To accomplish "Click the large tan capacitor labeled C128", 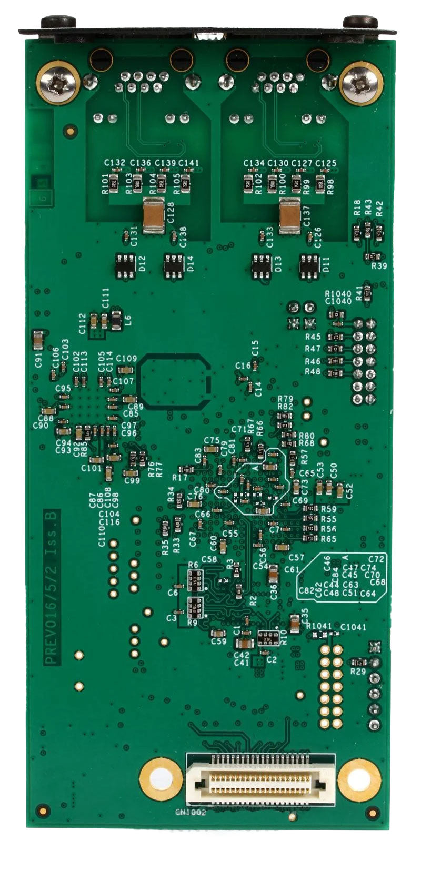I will point(154,216).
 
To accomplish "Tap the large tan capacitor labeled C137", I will point(290,218).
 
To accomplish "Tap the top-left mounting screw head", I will point(58,83).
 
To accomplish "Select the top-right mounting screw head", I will point(360,83).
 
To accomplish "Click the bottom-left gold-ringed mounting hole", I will point(161,779).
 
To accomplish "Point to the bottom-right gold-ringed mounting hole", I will point(359,779).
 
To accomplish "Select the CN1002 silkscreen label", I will point(191,812).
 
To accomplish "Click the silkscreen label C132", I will point(115,163).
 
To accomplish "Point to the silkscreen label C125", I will point(326,163).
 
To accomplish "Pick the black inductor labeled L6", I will point(116,319).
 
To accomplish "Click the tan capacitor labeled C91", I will point(38,341).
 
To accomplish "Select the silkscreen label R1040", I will point(338,294).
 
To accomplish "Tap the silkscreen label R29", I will point(358,671).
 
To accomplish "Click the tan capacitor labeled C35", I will point(295,625).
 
